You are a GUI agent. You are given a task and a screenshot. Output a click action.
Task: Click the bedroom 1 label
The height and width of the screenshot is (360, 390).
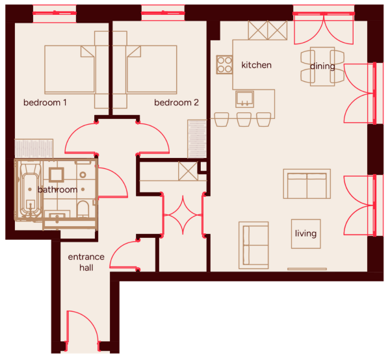45,103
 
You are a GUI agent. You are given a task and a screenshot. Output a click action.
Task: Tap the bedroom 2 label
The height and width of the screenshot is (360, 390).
176,103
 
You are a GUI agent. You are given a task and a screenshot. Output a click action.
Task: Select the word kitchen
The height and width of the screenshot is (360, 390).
257,65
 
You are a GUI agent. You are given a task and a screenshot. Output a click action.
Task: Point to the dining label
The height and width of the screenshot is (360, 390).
322,66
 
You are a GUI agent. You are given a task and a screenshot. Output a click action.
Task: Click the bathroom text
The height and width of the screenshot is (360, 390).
57,190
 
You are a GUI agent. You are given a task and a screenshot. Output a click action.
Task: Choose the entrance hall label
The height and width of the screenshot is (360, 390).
86,263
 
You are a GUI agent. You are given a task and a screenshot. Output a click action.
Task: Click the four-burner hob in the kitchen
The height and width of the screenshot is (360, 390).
224,64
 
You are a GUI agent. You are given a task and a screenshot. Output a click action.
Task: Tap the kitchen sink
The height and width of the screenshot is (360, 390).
245,99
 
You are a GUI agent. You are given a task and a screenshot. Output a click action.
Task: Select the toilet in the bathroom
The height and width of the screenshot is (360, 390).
83,209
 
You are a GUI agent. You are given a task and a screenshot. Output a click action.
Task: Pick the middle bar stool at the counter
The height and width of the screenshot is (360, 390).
244,120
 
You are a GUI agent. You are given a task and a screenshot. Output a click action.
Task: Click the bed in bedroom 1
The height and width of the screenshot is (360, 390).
70,70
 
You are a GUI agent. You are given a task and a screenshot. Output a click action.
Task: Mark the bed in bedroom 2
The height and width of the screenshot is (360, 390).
151,70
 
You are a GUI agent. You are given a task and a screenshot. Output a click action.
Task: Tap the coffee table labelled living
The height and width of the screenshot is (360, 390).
306,234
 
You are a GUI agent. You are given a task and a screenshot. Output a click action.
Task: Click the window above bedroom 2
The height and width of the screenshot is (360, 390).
163,13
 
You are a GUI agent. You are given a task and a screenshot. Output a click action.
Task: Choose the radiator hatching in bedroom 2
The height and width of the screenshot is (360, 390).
197,138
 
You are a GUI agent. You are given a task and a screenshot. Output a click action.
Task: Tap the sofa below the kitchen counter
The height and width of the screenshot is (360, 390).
307,184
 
